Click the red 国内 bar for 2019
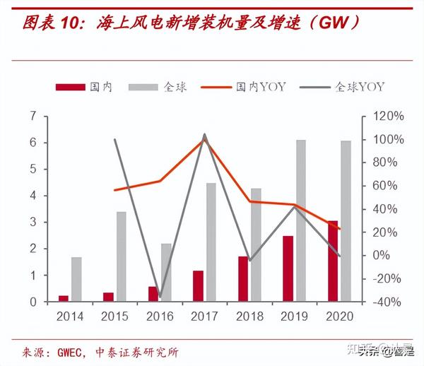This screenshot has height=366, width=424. tap(288, 268)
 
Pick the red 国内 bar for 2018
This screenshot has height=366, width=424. tap(243, 278)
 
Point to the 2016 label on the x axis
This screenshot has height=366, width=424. tap(160, 316)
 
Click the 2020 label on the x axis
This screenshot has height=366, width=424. tap(338, 316)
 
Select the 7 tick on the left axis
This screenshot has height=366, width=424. tap(33, 116)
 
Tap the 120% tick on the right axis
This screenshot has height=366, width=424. tap(388, 116)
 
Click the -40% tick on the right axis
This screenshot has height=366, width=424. tap(388, 302)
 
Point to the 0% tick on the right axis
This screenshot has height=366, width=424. tap(388, 255)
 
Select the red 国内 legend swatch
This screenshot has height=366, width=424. tap(69, 86)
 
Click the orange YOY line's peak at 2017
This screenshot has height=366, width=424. tap(205, 138)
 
